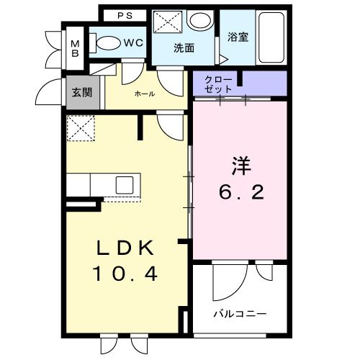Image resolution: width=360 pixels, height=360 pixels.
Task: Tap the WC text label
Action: [132, 42]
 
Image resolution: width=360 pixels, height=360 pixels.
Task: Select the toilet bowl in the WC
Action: [107, 42]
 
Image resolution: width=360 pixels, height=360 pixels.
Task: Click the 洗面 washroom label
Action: [184, 49]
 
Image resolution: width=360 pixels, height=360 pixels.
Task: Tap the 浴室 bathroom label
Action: [238, 37]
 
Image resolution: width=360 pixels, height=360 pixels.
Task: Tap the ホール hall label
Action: [144, 94]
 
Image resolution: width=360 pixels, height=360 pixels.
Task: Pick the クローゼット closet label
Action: [217, 84]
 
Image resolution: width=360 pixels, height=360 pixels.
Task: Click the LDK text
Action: [126, 248]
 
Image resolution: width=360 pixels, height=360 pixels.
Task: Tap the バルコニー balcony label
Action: [240, 315]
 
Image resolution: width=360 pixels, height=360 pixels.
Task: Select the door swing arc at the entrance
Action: [52, 90]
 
